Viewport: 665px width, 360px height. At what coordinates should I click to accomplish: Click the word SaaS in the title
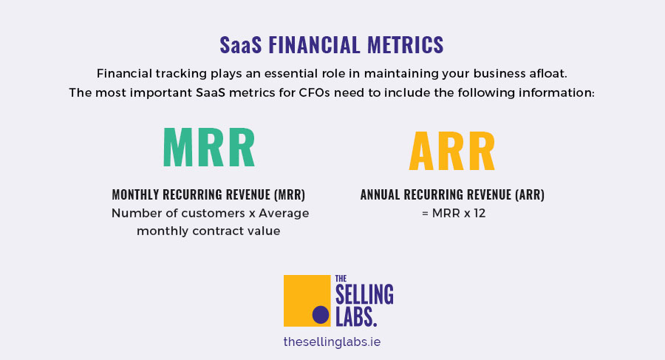pyautogui.click(x=240, y=45)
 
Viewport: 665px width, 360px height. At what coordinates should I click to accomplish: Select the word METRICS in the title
pyautogui.click(x=405, y=45)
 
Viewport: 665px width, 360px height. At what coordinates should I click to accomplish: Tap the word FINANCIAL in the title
pyautogui.click(x=314, y=45)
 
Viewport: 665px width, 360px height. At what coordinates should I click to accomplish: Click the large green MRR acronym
pyautogui.click(x=209, y=147)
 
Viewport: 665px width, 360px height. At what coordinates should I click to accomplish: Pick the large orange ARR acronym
pyautogui.click(x=452, y=151)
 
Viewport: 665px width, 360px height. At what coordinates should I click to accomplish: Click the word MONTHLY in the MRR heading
pyautogui.click(x=136, y=194)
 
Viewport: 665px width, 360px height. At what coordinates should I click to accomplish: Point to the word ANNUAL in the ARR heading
pyautogui.click(x=380, y=194)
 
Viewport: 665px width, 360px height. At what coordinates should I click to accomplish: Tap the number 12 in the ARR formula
pyautogui.click(x=480, y=213)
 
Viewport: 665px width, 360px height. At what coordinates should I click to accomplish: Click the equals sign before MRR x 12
pyautogui.click(x=425, y=214)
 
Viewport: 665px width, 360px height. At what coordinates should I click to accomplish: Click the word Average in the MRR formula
pyautogui.click(x=284, y=213)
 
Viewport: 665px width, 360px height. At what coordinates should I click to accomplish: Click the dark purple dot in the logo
pyautogui.click(x=321, y=315)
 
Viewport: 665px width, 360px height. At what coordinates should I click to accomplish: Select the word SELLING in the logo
pyautogui.click(x=364, y=295)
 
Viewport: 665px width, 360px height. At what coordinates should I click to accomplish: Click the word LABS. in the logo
pyautogui.click(x=356, y=316)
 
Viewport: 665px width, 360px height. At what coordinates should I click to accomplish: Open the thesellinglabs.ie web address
pyautogui.click(x=332, y=342)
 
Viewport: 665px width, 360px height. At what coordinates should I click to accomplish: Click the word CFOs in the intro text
pyautogui.click(x=314, y=92)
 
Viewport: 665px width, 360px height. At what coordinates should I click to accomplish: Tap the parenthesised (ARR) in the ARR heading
pyautogui.click(x=530, y=194)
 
